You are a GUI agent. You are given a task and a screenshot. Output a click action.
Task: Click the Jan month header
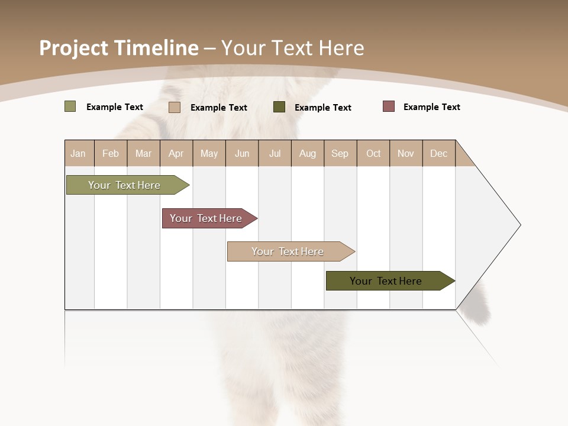click(x=79, y=153)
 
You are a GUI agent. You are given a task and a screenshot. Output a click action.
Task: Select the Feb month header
click(x=111, y=153)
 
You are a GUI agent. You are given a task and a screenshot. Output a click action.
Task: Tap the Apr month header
click(x=176, y=153)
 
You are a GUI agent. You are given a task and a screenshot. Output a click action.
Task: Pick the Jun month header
click(x=242, y=153)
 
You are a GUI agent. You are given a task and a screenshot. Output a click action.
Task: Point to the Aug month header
click(x=308, y=153)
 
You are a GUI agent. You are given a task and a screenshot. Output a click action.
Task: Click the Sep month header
click(x=340, y=153)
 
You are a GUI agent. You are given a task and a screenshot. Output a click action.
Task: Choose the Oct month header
click(x=373, y=153)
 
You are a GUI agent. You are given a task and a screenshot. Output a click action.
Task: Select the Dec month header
click(x=439, y=153)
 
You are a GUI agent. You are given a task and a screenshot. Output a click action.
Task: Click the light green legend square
click(x=70, y=106)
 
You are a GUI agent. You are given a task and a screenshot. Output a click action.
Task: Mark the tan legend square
click(x=175, y=107)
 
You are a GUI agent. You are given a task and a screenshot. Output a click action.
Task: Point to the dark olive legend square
click(x=279, y=106)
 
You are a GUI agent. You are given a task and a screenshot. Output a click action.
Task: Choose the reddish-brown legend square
click(x=389, y=106)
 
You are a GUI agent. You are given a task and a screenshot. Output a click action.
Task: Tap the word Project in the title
click(x=74, y=48)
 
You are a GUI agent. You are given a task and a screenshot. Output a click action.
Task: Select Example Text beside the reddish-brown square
click(x=432, y=107)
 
